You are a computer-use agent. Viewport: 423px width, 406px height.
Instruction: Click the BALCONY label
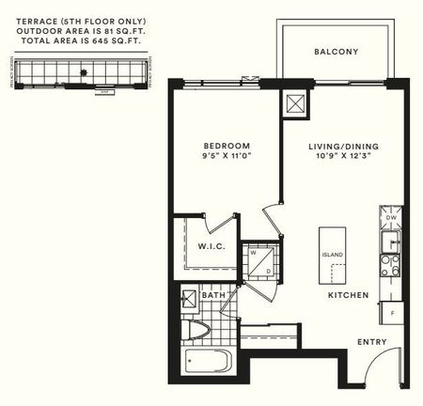point(337,52)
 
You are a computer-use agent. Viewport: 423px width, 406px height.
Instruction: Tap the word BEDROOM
point(227,146)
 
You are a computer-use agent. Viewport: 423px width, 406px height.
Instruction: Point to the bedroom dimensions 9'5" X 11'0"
point(227,157)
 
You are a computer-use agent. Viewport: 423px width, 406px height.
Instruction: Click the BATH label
point(213,295)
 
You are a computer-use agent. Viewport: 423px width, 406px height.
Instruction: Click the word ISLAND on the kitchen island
point(333,255)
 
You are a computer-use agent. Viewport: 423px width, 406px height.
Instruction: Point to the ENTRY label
point(372,341)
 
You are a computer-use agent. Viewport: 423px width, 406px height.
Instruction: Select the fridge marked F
point(391,309)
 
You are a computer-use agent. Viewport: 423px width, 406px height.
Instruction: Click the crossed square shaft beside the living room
point(294,104)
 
